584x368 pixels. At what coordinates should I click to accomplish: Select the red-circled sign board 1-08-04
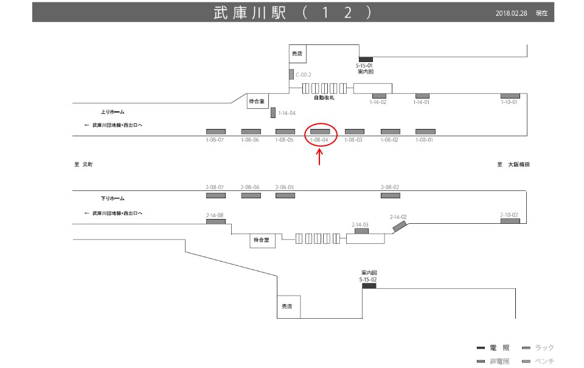pyautogui.click(x=320, y=131)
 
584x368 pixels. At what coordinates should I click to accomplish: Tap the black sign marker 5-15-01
pyautogui.click(x=365, y=59)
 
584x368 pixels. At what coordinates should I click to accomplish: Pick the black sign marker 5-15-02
pyautogui.click(x=369, y=285)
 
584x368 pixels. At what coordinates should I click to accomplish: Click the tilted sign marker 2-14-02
pyautogui.click(x=400, y=226)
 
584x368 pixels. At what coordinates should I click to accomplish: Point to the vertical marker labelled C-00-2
pyautogui.click(x=291, y=74)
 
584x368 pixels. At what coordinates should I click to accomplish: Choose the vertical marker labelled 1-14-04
pyautogui.click(x=273, y=113)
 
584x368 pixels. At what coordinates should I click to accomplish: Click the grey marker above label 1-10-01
pyautogui.click(x=510, y=96)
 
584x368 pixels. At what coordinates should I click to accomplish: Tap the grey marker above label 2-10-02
pyautogui.click(x=510, y=221)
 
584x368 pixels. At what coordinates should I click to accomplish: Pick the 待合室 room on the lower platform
pyautogui.click(x=263, y=240)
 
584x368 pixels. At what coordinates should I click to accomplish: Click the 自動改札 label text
pyautogui.click(x=324, y=98)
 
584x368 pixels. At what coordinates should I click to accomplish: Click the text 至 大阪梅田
pyautogui.click(x=513, y=164)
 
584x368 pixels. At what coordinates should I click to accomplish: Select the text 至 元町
pyautogui.click(x=83, y=164)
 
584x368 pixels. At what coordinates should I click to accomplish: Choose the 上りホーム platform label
pyautogui.click(x=113, y=113)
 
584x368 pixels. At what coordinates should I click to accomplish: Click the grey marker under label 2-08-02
pyautogui.click(x=391, y=195)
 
